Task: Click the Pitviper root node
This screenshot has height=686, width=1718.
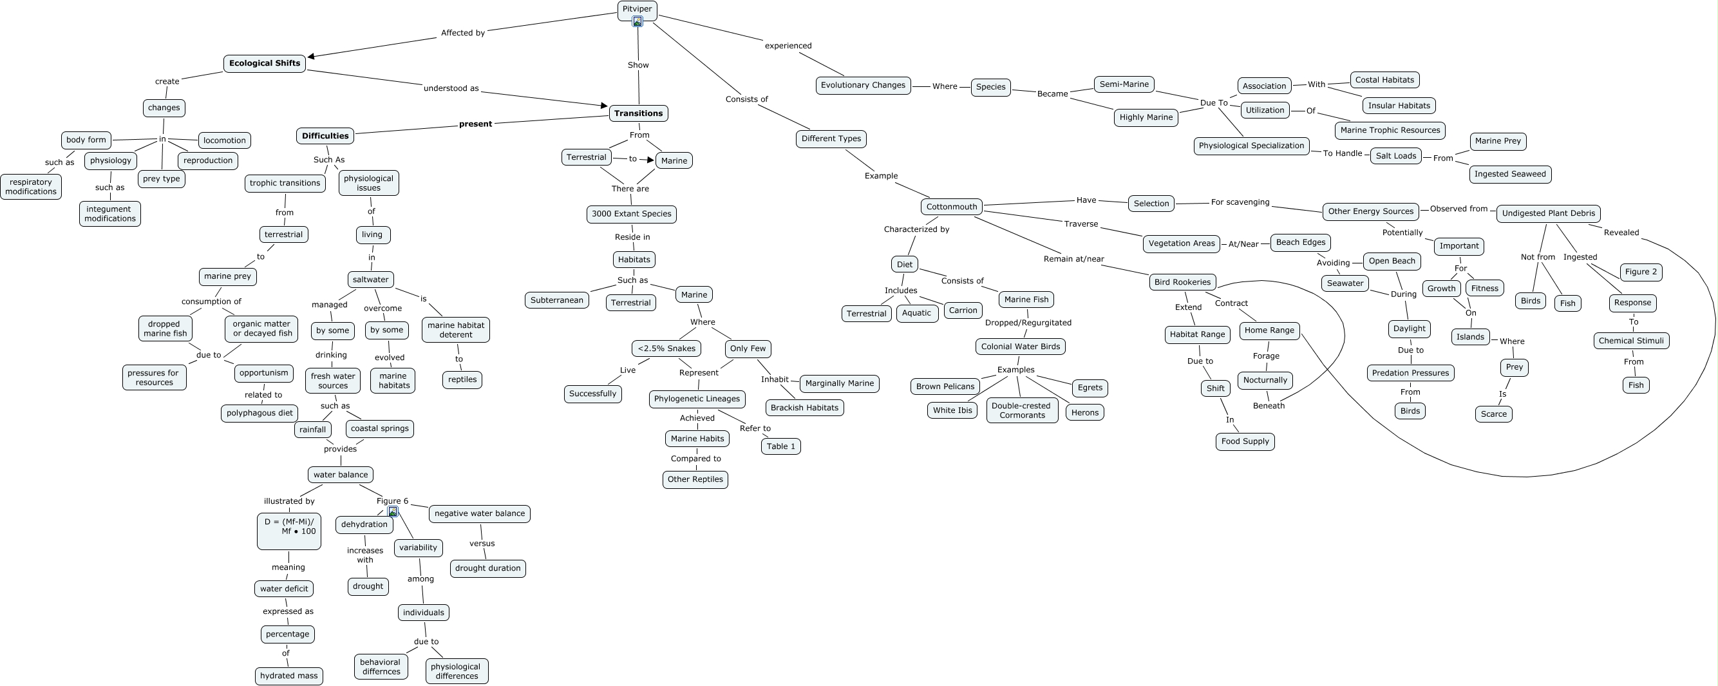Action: [637, 8]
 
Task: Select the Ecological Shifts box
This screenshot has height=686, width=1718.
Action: [265, 63]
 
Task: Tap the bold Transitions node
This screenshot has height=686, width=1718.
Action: [638, 113]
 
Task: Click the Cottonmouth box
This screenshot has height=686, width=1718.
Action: [951, 207]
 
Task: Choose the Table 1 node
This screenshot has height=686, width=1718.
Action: [780, 446]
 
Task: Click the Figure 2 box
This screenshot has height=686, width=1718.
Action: [1641, 272]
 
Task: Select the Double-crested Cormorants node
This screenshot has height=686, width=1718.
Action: [1022, 410]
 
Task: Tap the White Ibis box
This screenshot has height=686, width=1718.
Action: [952, 410]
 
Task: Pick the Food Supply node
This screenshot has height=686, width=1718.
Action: [1245, 442]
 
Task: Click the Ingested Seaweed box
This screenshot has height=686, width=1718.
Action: [1510, 174]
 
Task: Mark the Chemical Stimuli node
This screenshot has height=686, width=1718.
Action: [1630, 341]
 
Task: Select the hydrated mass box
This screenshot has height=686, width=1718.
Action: [288, 676]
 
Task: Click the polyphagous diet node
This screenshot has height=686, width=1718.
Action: [260, 413]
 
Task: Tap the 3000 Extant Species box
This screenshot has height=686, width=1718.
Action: [631, 214]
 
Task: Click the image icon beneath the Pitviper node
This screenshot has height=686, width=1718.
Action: [637, 21]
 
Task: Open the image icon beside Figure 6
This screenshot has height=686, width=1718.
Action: [393, 512]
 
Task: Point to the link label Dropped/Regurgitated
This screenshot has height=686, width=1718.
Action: [1028, 323]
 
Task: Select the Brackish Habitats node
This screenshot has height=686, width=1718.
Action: [804, 408]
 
